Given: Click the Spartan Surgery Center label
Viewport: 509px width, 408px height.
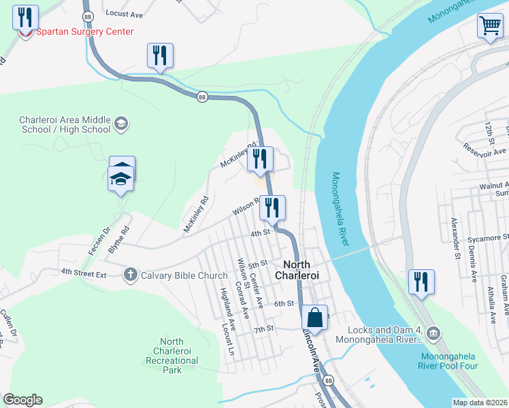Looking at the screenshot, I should pyautogui.click(x=84, y=32).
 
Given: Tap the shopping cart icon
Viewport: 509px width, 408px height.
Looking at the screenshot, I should pyautogui.click(x=489, y=26).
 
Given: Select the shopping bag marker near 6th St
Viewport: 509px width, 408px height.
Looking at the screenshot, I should pyautogui.click(x=314, y=317).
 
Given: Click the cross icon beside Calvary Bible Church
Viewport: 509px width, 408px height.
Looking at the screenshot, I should pyautogui.click(x=131, y=275).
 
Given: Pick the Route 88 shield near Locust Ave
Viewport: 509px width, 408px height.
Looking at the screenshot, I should pyautogui.click(x=87, y=16).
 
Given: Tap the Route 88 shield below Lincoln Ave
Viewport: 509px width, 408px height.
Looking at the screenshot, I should pyautogui.click(x=329, y=379).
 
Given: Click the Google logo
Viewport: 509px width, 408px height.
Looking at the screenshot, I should pyautogui.click(x=22, y=400).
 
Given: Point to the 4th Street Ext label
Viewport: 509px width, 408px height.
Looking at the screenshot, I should pyautogui.click(x=84, y=272).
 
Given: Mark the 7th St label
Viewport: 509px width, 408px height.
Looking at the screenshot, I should pyautogui.click(x=263, y=329).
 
